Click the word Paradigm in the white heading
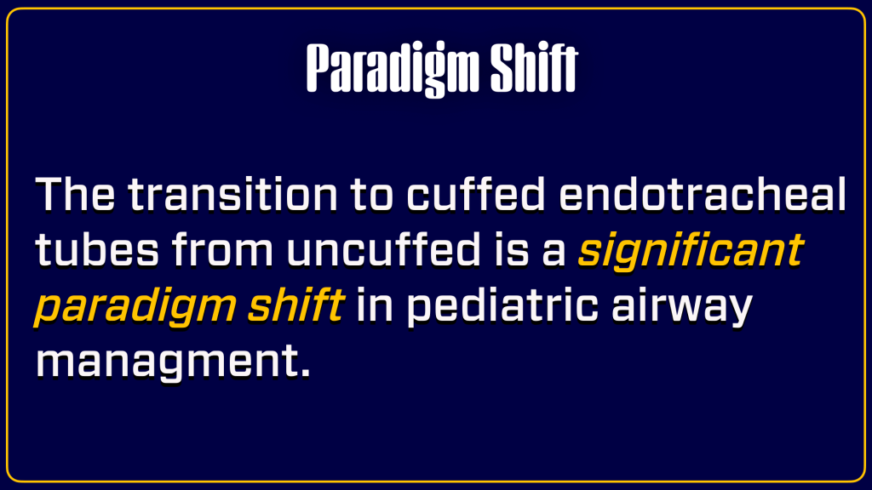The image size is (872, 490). tap(393, 69)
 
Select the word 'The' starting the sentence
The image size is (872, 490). tap(75, 194)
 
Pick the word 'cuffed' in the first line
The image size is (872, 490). tap(476, 194)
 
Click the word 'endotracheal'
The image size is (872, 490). tap(703, 194)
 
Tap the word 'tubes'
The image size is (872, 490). tap(97, 249)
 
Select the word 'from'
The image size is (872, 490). tap(222, 249)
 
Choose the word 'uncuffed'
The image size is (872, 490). tap(384, 249)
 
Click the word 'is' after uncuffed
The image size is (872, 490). tap(512, 249)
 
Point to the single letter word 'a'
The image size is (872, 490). tap(554, 254)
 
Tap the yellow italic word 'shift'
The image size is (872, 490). tap(295, 305)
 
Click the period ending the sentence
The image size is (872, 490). tap(304, 373)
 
